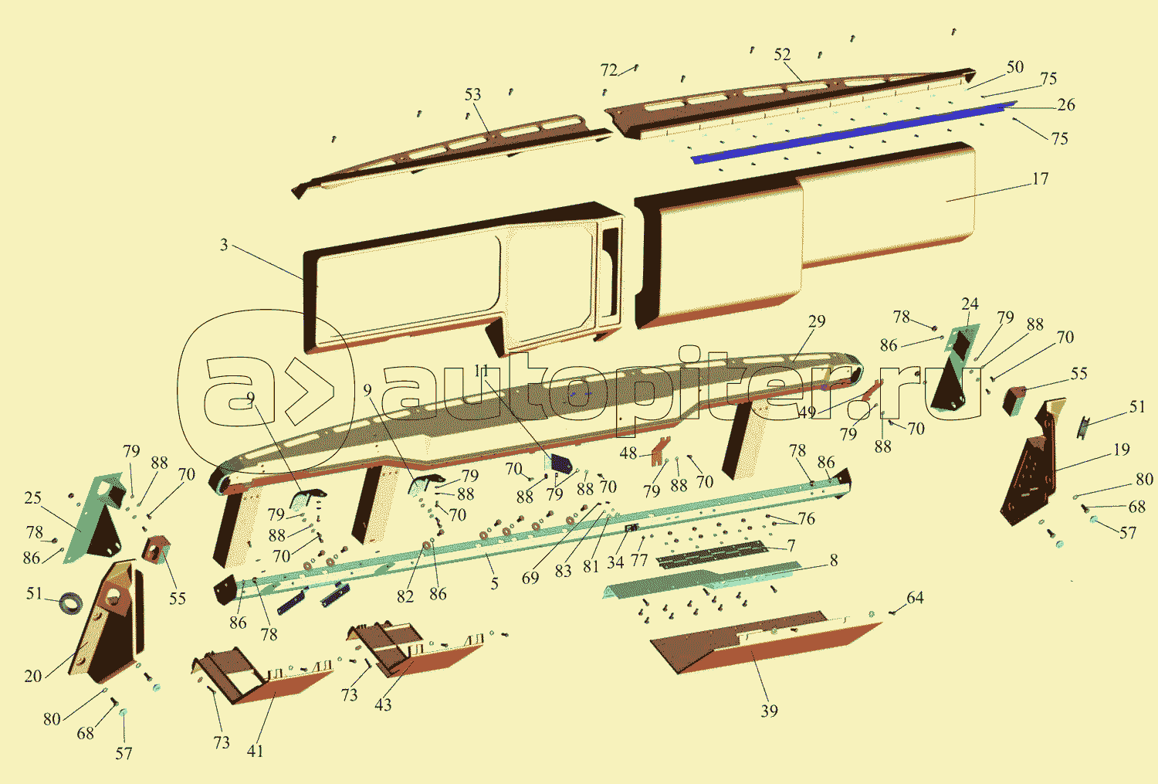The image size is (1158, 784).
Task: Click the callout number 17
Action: click(x=1040, y=179)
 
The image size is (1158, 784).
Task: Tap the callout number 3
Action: click(x=224, y=245)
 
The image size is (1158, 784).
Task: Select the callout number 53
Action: click(x=472, y=94)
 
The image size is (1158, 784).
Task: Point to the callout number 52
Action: click(x=782, y=55)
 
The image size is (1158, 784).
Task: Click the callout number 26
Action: click(x=1065, y=105)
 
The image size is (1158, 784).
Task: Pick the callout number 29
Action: click(x=817, y=321)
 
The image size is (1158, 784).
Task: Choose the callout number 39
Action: click(x=769, y=711)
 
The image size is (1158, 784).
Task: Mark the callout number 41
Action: click(x=255, y=751)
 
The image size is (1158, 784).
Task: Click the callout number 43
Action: click(x=383, y=704)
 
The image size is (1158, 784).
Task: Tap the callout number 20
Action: click(x=32, y=677)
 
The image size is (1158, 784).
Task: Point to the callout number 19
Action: click(x=1122, y=450)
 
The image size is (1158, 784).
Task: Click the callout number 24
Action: click(x=970, y=304)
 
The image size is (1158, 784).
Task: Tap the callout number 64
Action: click(x=915, y=598)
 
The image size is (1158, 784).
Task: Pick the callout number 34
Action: click(x=615, y=562)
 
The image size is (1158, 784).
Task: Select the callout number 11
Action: click(x=482, y=372)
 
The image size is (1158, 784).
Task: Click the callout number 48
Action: click(x=628, y=453)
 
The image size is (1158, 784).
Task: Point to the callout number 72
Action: click(x=608, y=70)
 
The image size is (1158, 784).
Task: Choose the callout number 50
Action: click(x=1014, y=67)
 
